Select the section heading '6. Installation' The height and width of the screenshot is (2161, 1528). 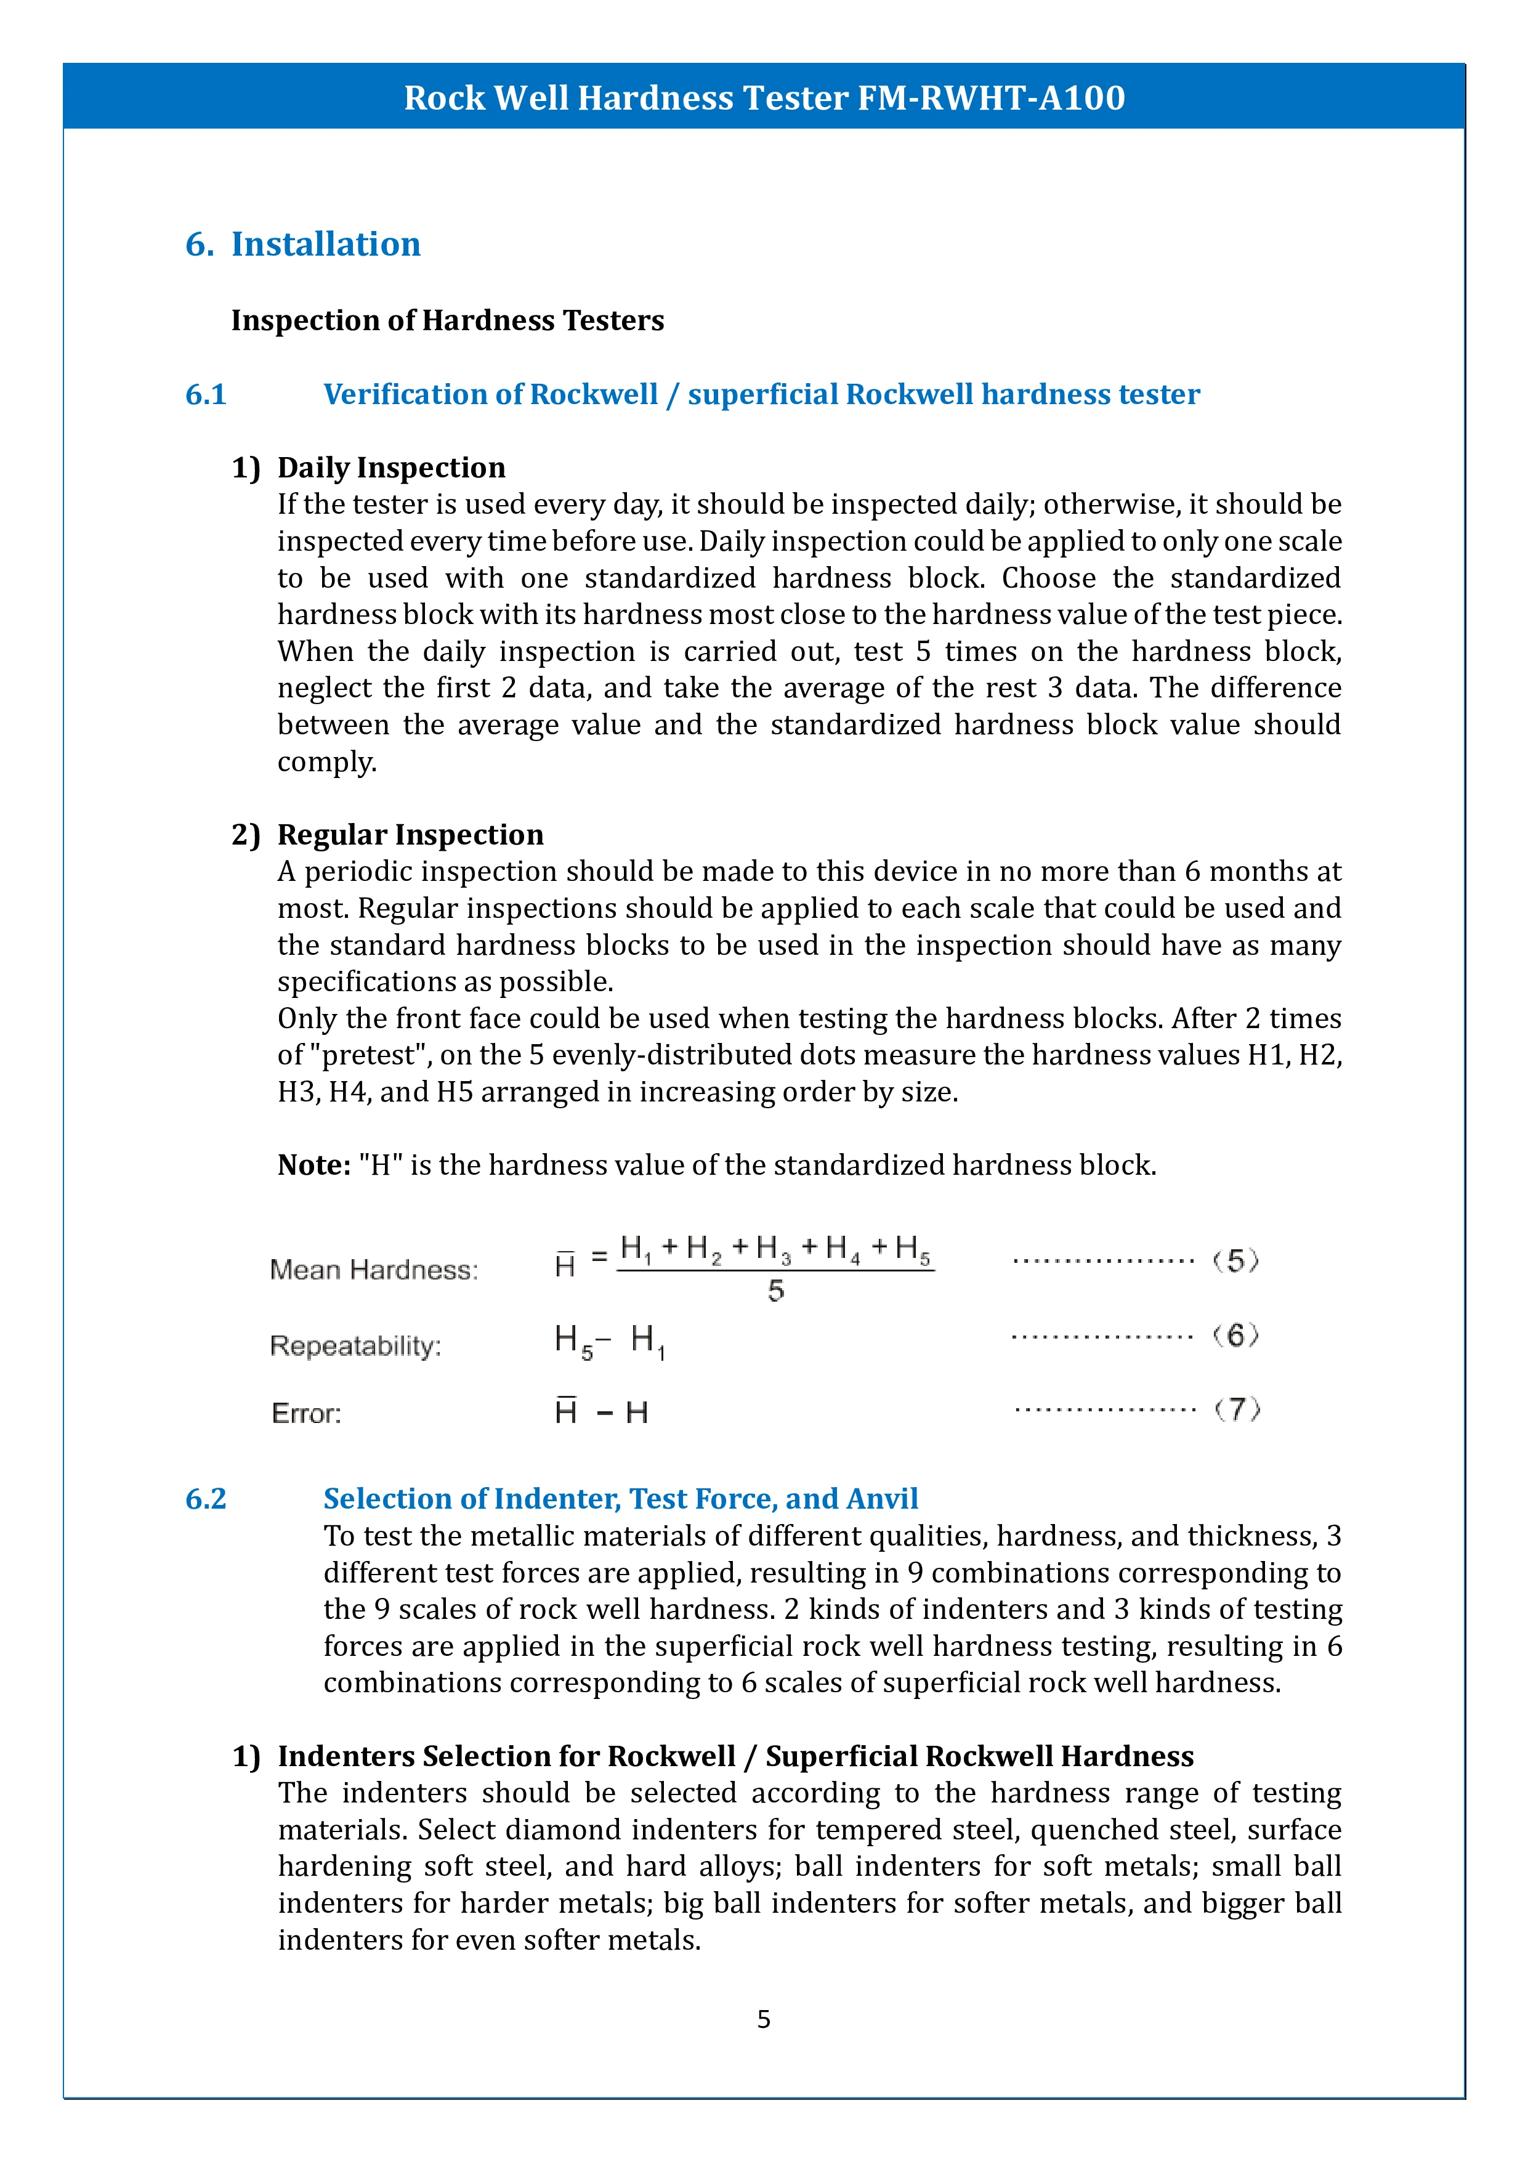click(x=303, y=244)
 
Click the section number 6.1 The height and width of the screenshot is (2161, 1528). click(x=206, y=394)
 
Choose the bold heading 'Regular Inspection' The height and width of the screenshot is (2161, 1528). click(x=410, y=834)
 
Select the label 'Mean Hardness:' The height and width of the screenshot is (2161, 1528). click(x=374, y=1270)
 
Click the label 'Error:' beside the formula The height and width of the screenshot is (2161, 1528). click(x=306, y=1413)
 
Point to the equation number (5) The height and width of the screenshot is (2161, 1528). click(x=1235, y=1260)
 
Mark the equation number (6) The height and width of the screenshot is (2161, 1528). click(x=1235, y=1335)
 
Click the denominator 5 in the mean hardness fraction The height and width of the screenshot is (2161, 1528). click(x=775, y=1291)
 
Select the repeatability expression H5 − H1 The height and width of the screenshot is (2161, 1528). click(x=610, y=1340)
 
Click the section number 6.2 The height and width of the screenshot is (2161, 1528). click(x=206, y=1498)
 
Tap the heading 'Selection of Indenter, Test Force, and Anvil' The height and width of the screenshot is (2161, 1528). click(x=620, y=1498)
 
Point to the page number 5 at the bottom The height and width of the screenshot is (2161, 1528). click(x=764, y=2019)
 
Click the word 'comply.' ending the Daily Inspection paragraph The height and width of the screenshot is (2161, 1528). click(x=326, y=761)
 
